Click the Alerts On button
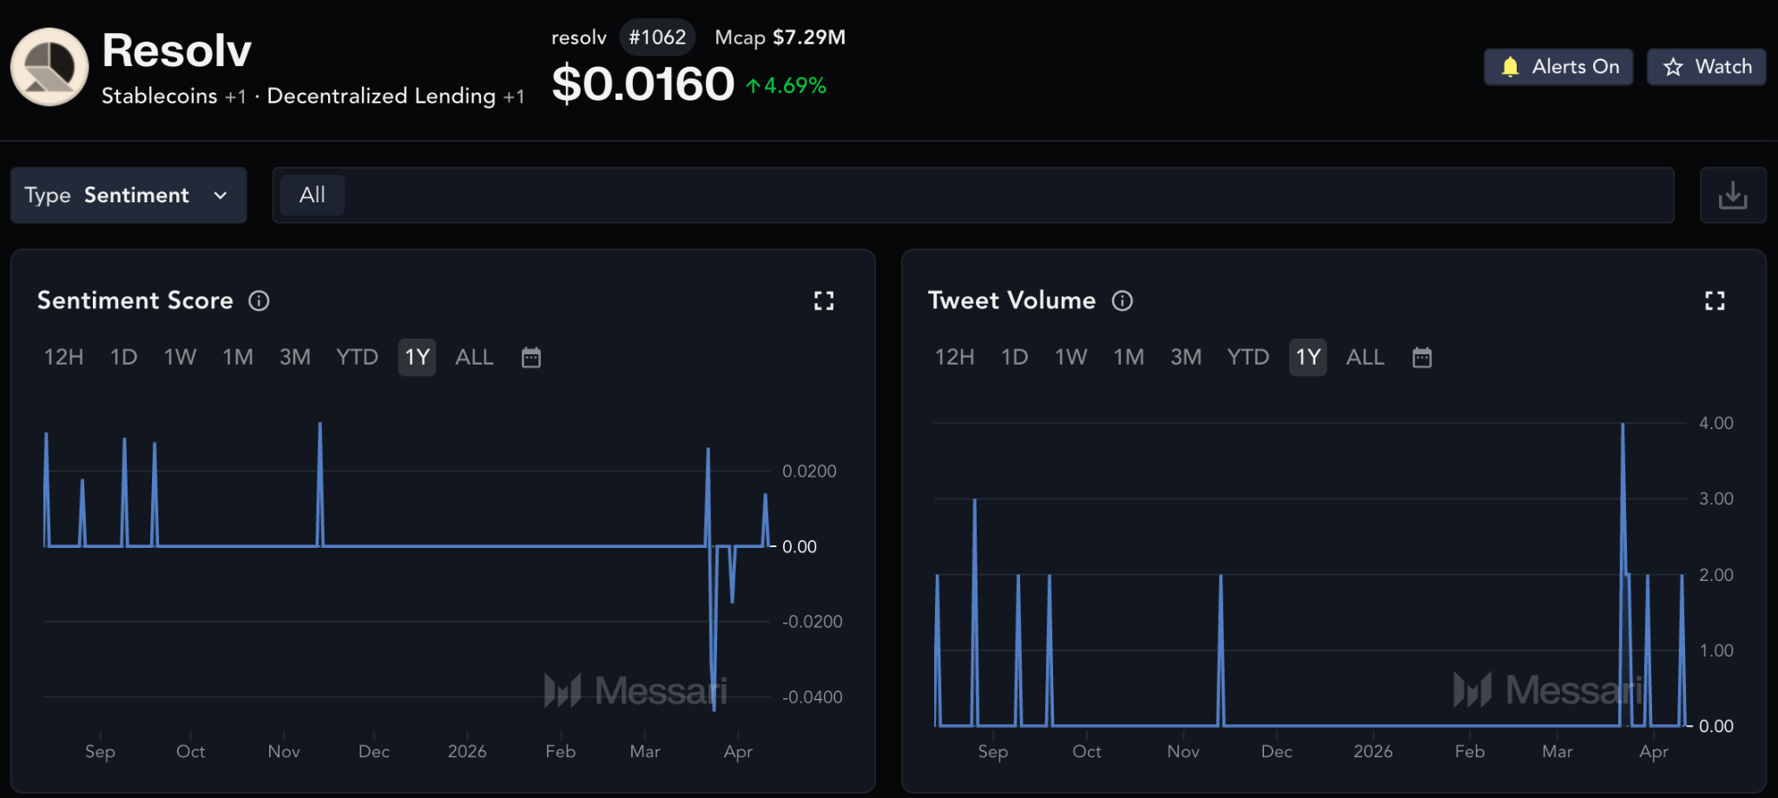tap(1558, 67)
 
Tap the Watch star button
tap(1706, 67)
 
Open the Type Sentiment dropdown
tap(128, 195)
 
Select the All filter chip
tap(313, 195)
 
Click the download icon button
tap(1733, 195)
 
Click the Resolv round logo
tap(49, 67)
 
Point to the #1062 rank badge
tap(657, 37)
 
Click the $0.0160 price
tap(643, 84)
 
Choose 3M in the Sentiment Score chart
tap(295, 358)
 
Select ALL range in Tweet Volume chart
tap(1365, 358)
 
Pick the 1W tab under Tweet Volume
tap(1070, 358)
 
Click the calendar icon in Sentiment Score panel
tap(531, 358)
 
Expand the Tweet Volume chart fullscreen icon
tap(1715, 300)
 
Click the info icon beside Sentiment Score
tap(259, 300)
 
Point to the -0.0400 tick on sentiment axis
tap(813, 697)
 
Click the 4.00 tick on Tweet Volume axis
tap(1716, 423)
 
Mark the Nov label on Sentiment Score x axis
tap(284, 751)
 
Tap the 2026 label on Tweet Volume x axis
tap(1373, 751)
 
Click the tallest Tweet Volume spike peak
tap(1623, 424)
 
